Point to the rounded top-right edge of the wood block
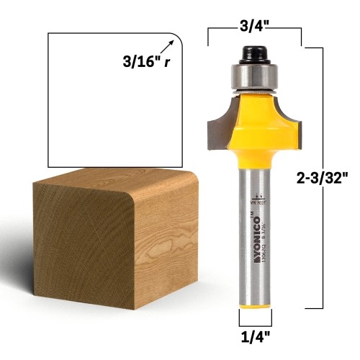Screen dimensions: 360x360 188,185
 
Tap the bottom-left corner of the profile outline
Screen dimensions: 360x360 48,165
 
